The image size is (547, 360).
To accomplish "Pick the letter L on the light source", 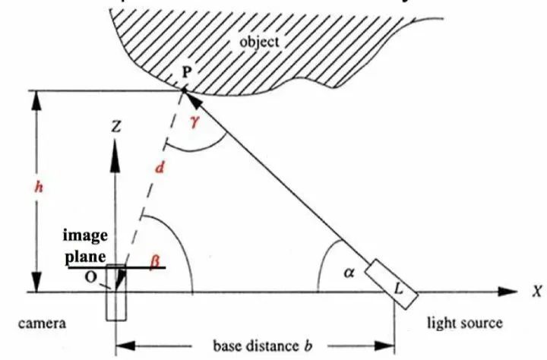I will pos(399,288).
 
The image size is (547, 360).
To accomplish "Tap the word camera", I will pos(43,323).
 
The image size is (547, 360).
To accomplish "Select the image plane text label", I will pos(84,245).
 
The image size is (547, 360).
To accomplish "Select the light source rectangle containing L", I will pos(391,283).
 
